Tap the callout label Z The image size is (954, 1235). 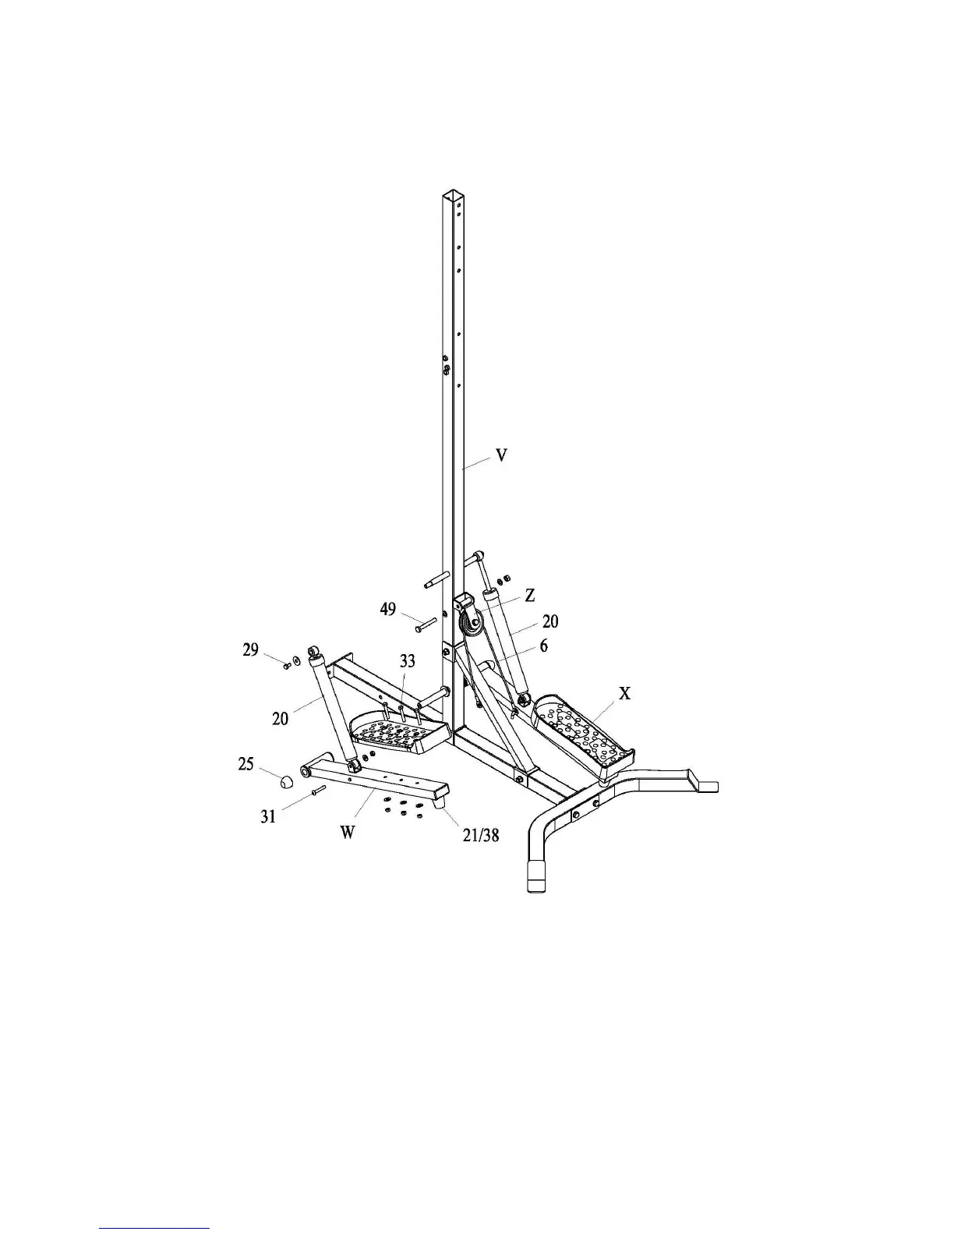tap(530, 595)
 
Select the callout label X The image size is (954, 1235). tap(624, 692)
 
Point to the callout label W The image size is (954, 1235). tap(348, 832)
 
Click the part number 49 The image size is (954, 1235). tap(388, 610)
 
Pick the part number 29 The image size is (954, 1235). tap(250, 649)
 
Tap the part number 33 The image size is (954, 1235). tap(407, 661)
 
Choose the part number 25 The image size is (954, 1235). tap(246, 764)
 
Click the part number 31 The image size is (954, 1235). tap(268, 816)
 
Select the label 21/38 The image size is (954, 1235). tap(479, 835)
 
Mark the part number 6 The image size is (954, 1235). tap(543, 646)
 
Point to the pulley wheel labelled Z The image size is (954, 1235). tap(471, 623)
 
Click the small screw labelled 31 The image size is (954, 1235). tap(316, 791)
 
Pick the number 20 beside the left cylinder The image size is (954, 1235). tap(281, 718)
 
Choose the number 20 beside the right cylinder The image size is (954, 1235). tap(550, 621)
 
